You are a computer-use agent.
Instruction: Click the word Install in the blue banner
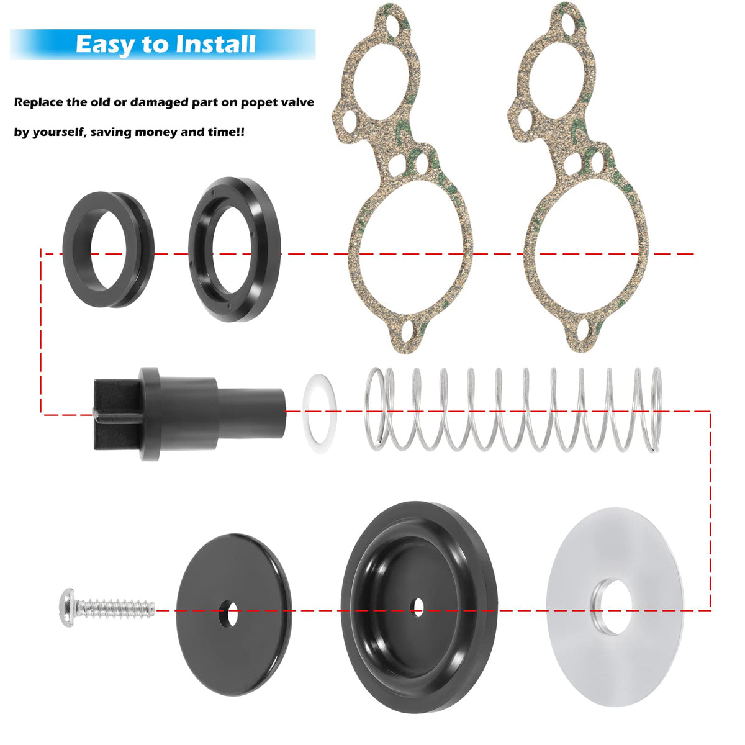(x=215, y=44)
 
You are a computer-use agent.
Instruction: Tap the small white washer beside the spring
(x=319, y=413)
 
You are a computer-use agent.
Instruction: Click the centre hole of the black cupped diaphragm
(x=418, y=607)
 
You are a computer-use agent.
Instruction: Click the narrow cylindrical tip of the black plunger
(x=251, y=413)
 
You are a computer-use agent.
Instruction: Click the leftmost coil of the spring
(x=375, y=409)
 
